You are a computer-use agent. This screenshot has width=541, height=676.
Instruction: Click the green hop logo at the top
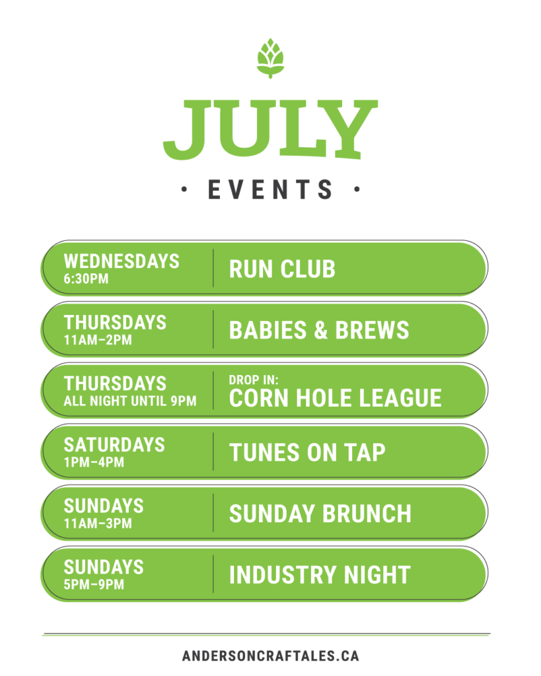click(x=271, y=58)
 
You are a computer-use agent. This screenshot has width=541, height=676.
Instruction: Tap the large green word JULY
click(x=271, y=130)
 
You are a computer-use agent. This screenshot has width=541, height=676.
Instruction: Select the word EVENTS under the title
click(x=271, y=189)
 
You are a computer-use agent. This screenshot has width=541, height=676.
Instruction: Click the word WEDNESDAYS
click(x=122, y=261)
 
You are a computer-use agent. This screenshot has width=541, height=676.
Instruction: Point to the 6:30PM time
click(x=87, y=279)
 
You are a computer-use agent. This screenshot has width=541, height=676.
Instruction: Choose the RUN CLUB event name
click(x=282, y=269)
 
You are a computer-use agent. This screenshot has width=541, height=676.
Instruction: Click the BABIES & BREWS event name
click(x=319, y=330)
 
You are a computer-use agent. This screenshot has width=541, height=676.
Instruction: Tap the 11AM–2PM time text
click(x=98, y=340)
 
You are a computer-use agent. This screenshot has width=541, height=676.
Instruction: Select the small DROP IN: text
click(x=254, y=380)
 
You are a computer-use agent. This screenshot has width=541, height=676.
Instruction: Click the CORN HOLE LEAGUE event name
click(x=335, y=398)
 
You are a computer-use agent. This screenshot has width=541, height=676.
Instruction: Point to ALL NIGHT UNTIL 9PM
click(x=130, y=401)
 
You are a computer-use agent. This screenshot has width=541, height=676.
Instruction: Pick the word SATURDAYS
click(x=114, y=445)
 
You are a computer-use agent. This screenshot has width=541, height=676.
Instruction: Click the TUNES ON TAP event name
click(x=307, y=453)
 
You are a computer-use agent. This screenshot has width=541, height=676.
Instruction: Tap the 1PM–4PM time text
click(x=94, y=463)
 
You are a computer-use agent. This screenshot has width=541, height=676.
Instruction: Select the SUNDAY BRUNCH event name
click(x=320, y=514)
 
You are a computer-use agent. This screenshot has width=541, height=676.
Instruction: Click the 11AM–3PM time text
click(x=98, y=524)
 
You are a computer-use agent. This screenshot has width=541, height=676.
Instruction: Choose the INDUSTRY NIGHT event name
click(x=320, y=575)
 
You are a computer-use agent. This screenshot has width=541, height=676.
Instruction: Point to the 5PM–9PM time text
click(x=94, y=585)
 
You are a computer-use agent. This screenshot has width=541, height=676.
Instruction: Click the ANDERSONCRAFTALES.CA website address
click(x=271, y=656)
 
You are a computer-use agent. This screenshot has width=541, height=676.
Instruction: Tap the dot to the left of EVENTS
click(x=184, y=189)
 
